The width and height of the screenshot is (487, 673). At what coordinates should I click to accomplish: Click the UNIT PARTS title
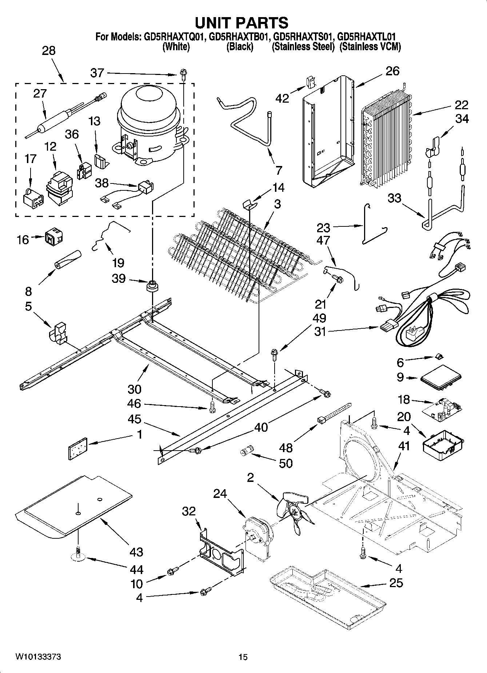pos(241,23)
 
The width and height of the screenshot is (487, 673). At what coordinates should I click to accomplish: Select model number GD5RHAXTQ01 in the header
pos(173,37)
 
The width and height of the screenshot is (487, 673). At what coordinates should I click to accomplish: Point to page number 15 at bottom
pos(243,657)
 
